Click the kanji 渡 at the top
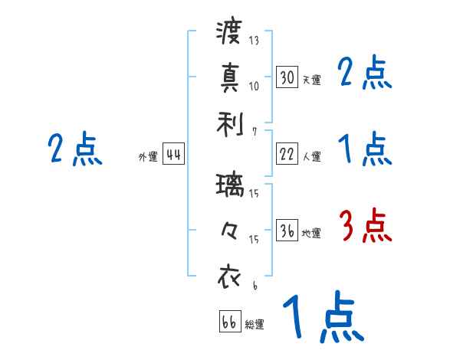tap(229, 33)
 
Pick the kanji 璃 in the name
tap(229, 185)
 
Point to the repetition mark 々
tap(229, 230)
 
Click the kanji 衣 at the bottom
tap(229, 277)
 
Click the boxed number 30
tap(287, 77)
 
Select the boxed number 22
tap(287, 154)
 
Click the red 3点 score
tap(366, 226)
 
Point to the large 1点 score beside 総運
tap(322, 318)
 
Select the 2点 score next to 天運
tap(365, 73)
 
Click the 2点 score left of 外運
tap(74, 149)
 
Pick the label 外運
tap(148, 157)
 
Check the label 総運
tap(255, 324)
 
